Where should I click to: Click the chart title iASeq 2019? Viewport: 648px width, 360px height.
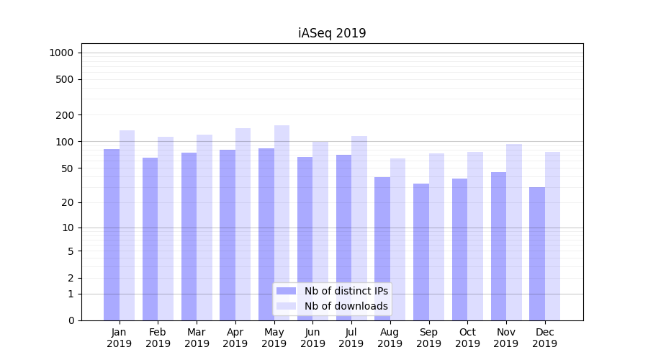[332, 33]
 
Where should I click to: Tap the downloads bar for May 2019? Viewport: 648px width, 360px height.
[282, 222]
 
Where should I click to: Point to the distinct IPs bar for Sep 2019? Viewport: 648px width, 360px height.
[421, 251]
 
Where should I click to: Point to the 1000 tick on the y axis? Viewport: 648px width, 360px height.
[61, 53]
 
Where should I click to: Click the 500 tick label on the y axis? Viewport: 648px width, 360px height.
[65, 79]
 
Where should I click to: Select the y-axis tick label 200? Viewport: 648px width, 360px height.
[65, 115]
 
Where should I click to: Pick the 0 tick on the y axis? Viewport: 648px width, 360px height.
[71, 320]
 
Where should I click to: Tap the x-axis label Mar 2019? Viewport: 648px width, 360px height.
[197, 338]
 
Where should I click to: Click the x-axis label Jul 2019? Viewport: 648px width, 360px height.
[351, 338]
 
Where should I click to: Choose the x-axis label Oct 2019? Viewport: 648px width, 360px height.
[467, 338]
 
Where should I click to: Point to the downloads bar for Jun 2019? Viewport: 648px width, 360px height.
[320, 230]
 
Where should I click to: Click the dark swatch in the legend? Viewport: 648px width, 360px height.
[286, 291]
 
